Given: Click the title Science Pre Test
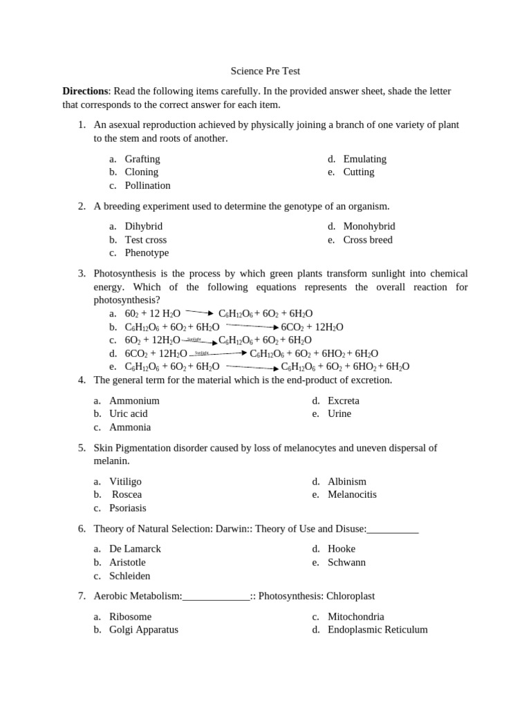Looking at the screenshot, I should click(x=265, y=71).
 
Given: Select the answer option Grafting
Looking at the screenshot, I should click(x=142, y=159).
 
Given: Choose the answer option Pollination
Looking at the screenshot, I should click(x=147, y=185).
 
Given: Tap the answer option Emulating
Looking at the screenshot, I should click(x=364, y=159).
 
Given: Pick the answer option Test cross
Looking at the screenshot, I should click(x=145, y=240).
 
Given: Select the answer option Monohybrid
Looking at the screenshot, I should click(x=369, y=226).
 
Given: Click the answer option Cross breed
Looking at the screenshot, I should click(x=367, y=240).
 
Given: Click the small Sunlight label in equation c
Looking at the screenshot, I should click(x=194, y=339).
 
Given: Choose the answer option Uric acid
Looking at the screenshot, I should click(x=128, y=413).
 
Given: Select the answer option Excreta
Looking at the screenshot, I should click(x=343, y=400).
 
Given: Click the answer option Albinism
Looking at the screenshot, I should click(x=346, y=481).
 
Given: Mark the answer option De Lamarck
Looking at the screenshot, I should click(x=135, y=548).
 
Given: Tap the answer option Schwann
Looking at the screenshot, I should click(x=346, y=562).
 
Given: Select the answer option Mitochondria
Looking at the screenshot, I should click(x=355, y=616).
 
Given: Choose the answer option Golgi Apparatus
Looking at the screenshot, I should click(x=143, y=629).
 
